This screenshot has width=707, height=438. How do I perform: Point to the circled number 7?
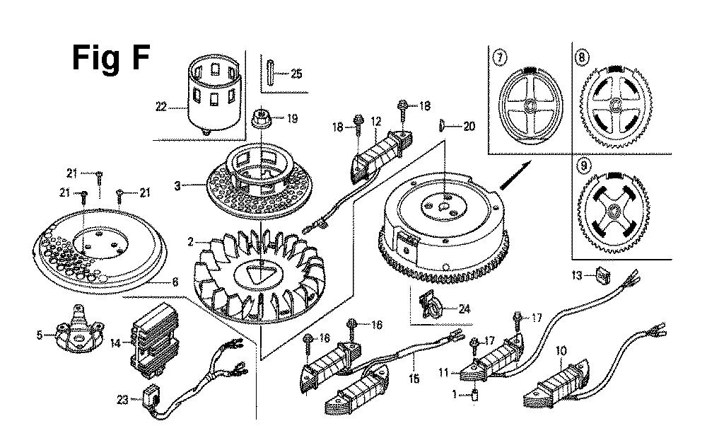(x=500, y=59)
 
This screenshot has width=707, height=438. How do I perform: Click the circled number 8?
(x=581, y=59)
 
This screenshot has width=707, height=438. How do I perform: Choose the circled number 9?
(x=583, y=168)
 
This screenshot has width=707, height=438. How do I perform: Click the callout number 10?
(x=561, y=350)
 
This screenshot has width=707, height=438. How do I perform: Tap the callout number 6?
(x=175, y=282)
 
